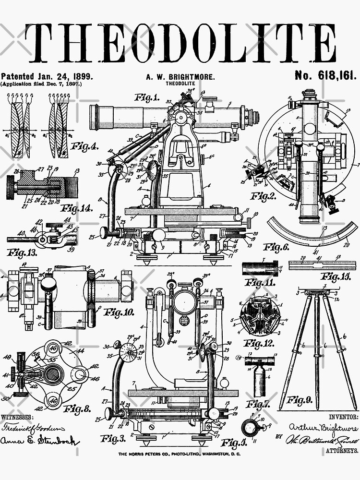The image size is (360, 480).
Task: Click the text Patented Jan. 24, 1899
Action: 47,76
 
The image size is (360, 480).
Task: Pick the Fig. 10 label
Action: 120,312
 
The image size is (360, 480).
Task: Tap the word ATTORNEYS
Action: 342,451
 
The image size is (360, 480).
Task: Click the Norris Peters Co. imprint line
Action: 180,454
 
